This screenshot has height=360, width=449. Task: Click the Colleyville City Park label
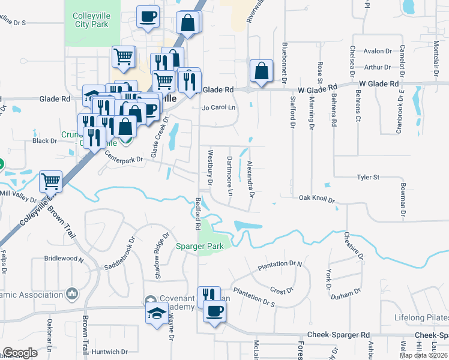[x=92, y=20]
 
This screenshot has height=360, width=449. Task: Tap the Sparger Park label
[x=199, y=246]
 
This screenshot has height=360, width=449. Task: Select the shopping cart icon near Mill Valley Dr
[x=50, y=181]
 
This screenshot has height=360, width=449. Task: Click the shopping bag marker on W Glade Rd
[x=262, y=71]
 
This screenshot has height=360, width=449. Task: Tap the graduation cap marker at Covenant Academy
[x=157, y=313]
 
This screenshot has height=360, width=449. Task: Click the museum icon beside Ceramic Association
[x=72, y=293]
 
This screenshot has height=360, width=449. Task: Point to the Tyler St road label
[x=369, y=178]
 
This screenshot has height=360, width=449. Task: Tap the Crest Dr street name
[x=282, y=290]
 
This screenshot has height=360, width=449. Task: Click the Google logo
[x=20, y=353]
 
